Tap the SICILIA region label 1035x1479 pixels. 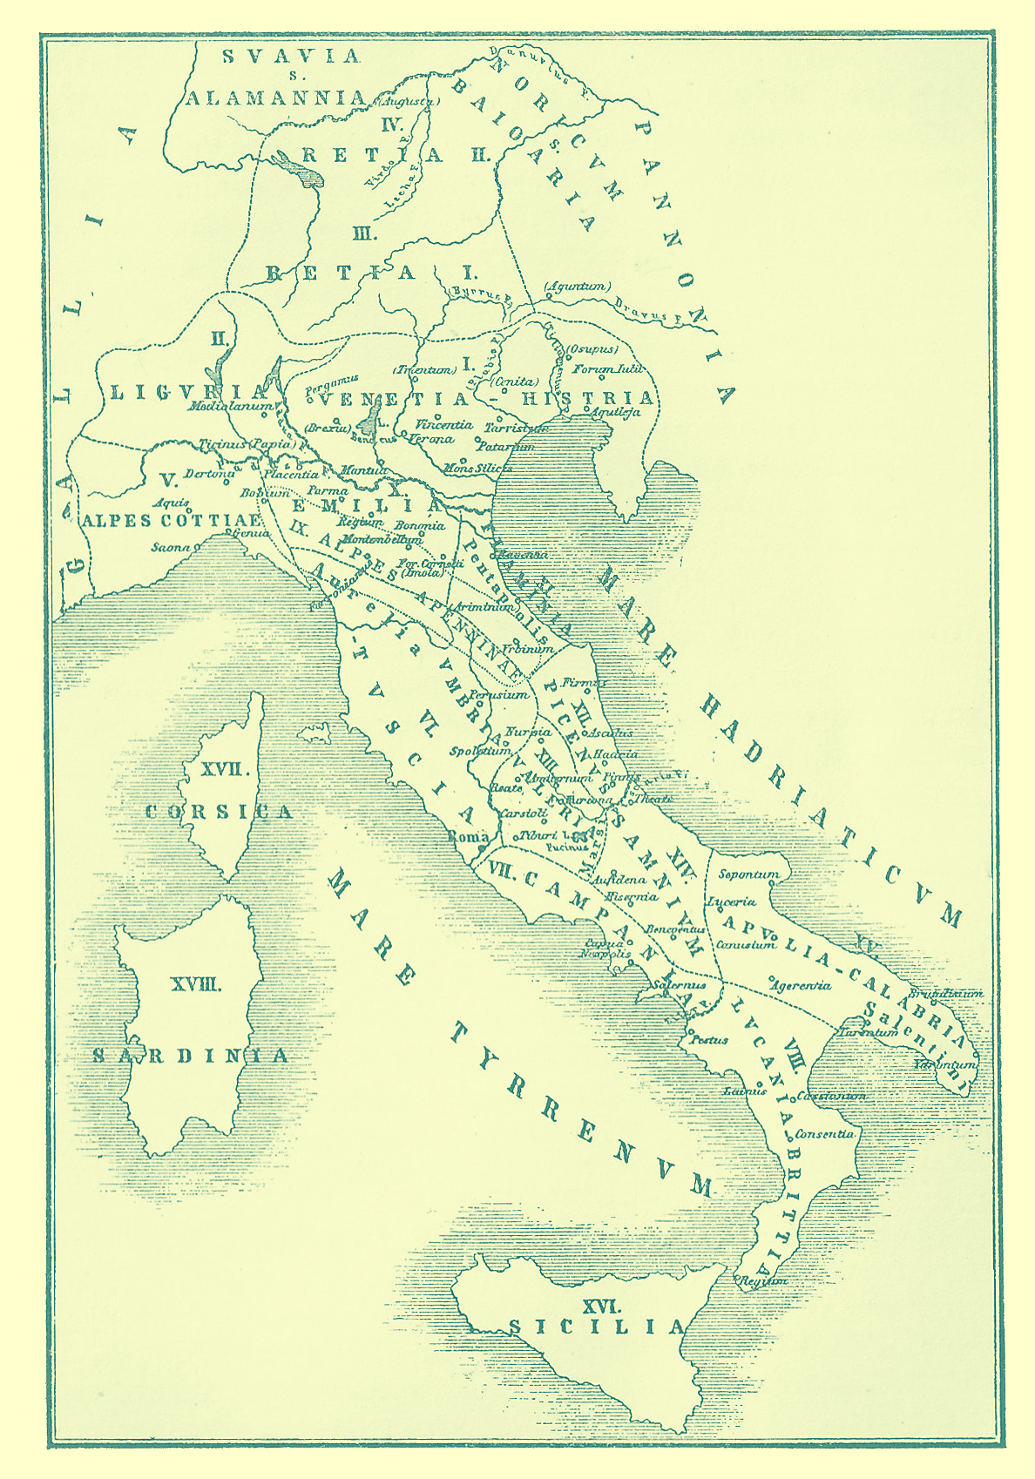pyautogui.click(x=597, y=1327)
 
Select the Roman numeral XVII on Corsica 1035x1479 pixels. pyautogui.click(x=226, y=770)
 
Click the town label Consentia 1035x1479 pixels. pyautogui.click(x=824, y=1134)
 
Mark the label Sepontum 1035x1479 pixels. pyautogui.click(x=748, y=874)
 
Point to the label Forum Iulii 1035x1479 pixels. pyautogui.click(x=607, y=369)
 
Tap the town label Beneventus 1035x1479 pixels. pyautogui.click(x=674, y=929)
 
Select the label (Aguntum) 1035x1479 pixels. pyautogui.click(x=577, y=286)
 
